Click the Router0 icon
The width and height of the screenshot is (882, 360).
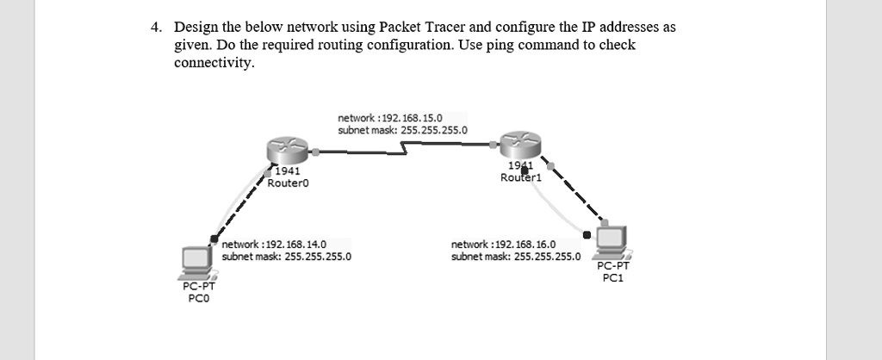(x=289, y=149)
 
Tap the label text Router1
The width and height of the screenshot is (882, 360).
(x=520, y=177)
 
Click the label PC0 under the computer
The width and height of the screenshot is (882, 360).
(x=196, y=298)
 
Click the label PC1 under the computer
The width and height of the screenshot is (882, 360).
(x=612, y=278)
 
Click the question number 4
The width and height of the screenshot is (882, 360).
(x=155, y=27)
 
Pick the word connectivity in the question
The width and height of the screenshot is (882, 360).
(x=214, y=62)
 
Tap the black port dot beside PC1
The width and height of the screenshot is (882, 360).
(x=587, y=234)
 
